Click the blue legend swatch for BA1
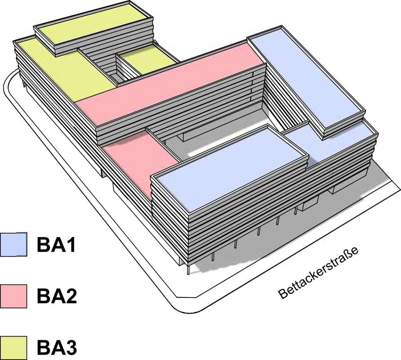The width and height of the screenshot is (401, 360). click(14, 244)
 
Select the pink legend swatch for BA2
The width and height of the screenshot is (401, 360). click(14, 296)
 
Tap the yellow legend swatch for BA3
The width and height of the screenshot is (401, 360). click(14, 347)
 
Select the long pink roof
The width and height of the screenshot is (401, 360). click(171, 85)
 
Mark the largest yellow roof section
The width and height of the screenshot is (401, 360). click(63, 67)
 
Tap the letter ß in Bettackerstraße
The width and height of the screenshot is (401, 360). click(352, 249)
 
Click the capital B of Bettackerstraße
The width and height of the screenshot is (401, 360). click(284, 295)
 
